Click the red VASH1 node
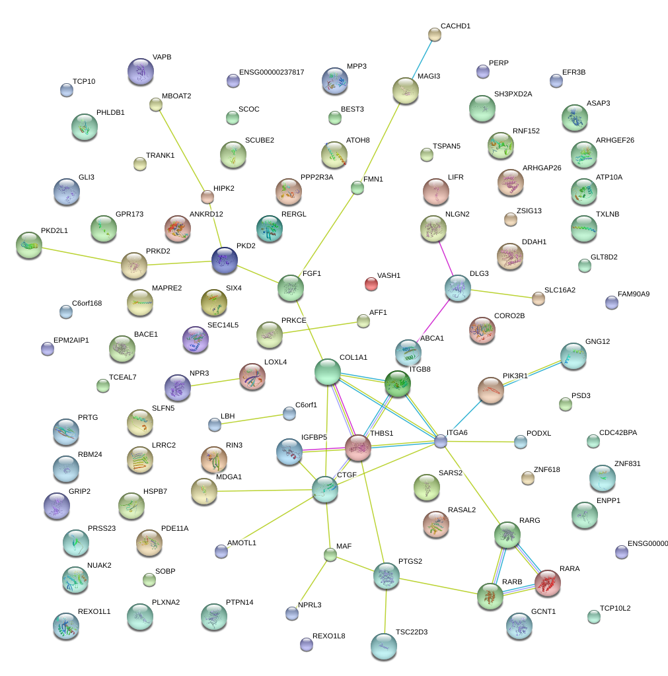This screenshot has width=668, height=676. coord(371,284)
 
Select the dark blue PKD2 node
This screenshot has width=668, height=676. coord(224,260)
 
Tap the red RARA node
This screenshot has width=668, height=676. coord(547,582)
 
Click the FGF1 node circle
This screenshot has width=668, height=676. coord(290,287)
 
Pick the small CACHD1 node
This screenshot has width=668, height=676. coord(434,34)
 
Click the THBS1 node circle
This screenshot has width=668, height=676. coord(357,447)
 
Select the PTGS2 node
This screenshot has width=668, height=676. coord(386,576)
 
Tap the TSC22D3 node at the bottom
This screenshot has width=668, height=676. coord(383,646)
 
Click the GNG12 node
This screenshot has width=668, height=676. coord(572,355)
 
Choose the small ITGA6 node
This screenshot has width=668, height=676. coord(441,441)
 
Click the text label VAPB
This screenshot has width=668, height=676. coord(162,57)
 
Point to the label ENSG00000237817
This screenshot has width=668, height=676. coord(272,72)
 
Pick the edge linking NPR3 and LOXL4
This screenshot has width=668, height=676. coord(215,382)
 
